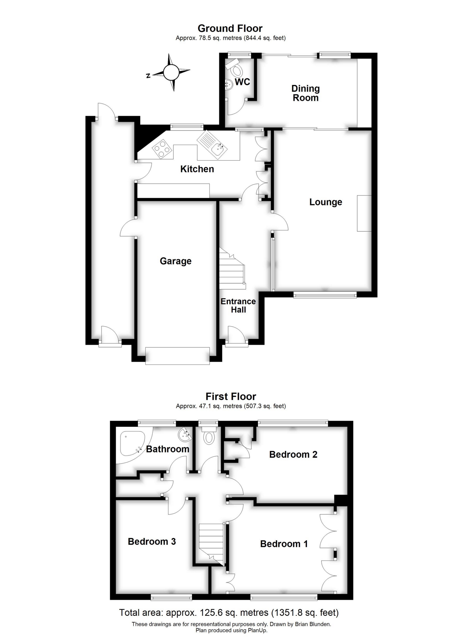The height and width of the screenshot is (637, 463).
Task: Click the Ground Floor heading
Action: coord(230,28)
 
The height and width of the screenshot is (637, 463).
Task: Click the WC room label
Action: coord(242,82)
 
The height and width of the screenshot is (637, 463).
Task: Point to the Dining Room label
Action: coord(306,93)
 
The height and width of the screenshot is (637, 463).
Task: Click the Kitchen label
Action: coord(197,169)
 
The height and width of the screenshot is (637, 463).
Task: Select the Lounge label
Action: coord(326,202)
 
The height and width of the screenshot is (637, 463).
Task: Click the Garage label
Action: coord(176,261)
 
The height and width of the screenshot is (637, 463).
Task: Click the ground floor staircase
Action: coord(232,269)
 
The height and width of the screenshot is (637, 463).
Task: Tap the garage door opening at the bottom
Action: coord(177,356)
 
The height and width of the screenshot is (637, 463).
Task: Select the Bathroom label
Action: coord(168,449)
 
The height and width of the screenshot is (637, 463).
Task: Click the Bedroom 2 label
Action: coord(293,454)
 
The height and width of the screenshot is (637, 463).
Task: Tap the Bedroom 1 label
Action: coord(284,544)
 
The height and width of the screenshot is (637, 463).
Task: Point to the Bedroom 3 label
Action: coord(152,541)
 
